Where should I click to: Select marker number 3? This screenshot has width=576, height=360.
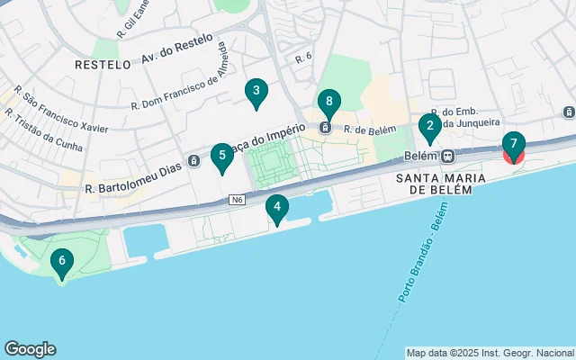click(x=256, y=91)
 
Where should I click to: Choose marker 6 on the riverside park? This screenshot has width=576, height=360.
click(x=61, y=262)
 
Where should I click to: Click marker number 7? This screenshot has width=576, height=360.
click(x=513, y=144)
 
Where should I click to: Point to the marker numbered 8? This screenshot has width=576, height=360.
click(x=329, y=103)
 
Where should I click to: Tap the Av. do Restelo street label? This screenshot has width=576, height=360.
click(x=177, y=49)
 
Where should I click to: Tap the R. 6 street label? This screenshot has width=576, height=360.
click(x=302, y=58)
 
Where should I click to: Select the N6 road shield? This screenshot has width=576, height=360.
click(x=237, y=199)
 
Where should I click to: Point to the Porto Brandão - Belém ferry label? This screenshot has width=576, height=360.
click(x=417, y=260)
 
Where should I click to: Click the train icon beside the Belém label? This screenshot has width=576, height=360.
click(x=448, y=155)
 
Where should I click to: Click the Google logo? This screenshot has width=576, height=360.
click(x=31, y=349)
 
